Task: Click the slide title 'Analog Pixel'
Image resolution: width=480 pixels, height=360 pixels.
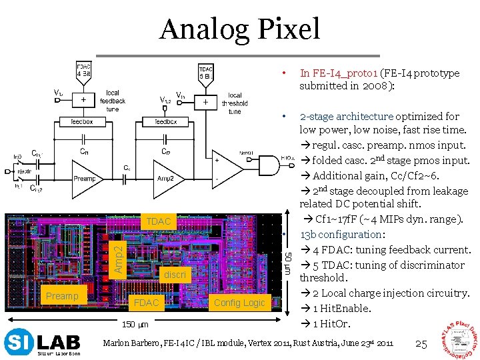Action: coord(240,29)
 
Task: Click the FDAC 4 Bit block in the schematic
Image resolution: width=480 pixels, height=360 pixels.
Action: coord(83,71)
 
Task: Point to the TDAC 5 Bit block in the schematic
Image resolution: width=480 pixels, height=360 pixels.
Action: coord(207,71)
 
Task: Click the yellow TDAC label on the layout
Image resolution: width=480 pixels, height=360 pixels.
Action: coord(159,221)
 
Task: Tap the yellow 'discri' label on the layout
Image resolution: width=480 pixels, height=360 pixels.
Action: coord(175,274)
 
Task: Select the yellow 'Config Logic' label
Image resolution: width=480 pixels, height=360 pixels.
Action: coord(239,303)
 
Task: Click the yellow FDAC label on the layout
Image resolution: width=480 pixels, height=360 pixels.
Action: coord(147,303)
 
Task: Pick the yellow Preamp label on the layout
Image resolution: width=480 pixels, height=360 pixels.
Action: coord(62,296)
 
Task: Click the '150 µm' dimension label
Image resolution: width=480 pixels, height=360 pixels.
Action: coord(135,325)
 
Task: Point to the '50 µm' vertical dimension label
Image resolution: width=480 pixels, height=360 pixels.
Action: coord(288,263)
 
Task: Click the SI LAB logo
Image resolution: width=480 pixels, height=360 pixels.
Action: coord(43,343)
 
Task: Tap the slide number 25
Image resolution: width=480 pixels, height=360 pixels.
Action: coord(421,344)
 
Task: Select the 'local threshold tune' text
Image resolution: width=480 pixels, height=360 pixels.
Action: coord(235,103)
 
